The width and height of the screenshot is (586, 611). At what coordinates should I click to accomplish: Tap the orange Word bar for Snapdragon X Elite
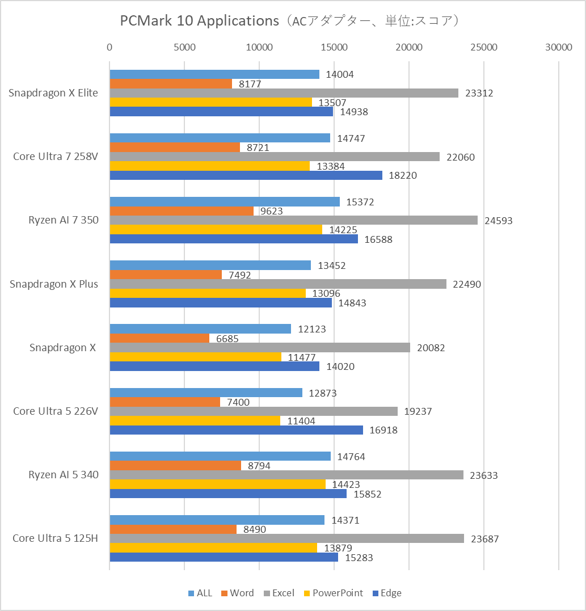tap(171, 84)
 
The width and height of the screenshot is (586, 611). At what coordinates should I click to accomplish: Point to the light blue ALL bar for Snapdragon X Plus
tap(210, 266)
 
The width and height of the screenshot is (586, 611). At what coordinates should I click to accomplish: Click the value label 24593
tap(498, 221)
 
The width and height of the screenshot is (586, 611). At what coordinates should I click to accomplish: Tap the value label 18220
tap(403, 176)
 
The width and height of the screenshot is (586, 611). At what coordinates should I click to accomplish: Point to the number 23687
tap(484, 540)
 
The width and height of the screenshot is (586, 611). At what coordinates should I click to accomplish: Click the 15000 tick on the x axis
tap(334, 48)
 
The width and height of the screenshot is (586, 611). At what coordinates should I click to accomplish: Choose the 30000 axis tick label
tap(559, 48)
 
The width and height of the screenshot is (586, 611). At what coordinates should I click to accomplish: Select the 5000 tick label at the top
tap(184, 48)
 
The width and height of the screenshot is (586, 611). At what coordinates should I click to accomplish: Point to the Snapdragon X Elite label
tap(53, 94)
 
